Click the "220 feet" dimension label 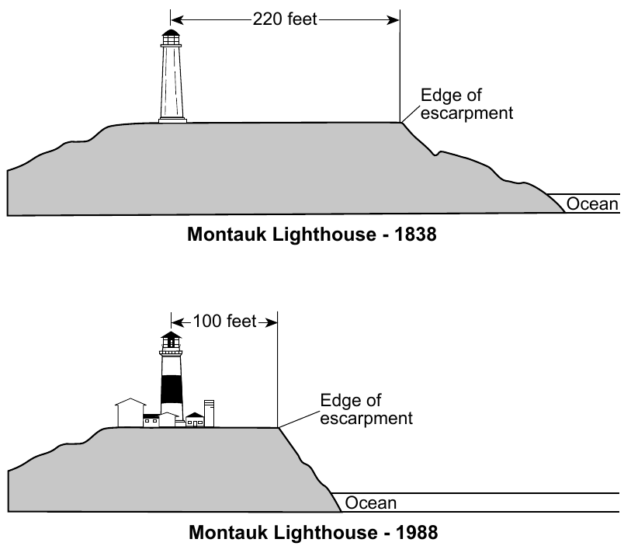point(285,19)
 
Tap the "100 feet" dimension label point(224,322)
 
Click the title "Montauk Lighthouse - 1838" point(311,234)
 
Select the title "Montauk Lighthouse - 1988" point(314,532)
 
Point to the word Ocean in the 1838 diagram point(592,203)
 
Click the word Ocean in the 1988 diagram point(370,503)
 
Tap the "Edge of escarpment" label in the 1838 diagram point(466,104)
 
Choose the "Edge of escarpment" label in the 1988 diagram point(366,409)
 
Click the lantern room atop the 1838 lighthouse point(171,37)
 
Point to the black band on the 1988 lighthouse point(172,389)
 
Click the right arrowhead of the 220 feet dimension point(393,20)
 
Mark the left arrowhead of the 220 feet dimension point(177,20)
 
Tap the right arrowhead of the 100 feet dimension point(272,322)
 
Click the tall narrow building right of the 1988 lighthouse point(209,413)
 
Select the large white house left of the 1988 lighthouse point(130,412)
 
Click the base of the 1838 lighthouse point(172,120)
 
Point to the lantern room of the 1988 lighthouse point(171,339)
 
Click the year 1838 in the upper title point(415,234)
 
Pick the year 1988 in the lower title point(417,532)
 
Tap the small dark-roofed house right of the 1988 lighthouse point(195,419)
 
